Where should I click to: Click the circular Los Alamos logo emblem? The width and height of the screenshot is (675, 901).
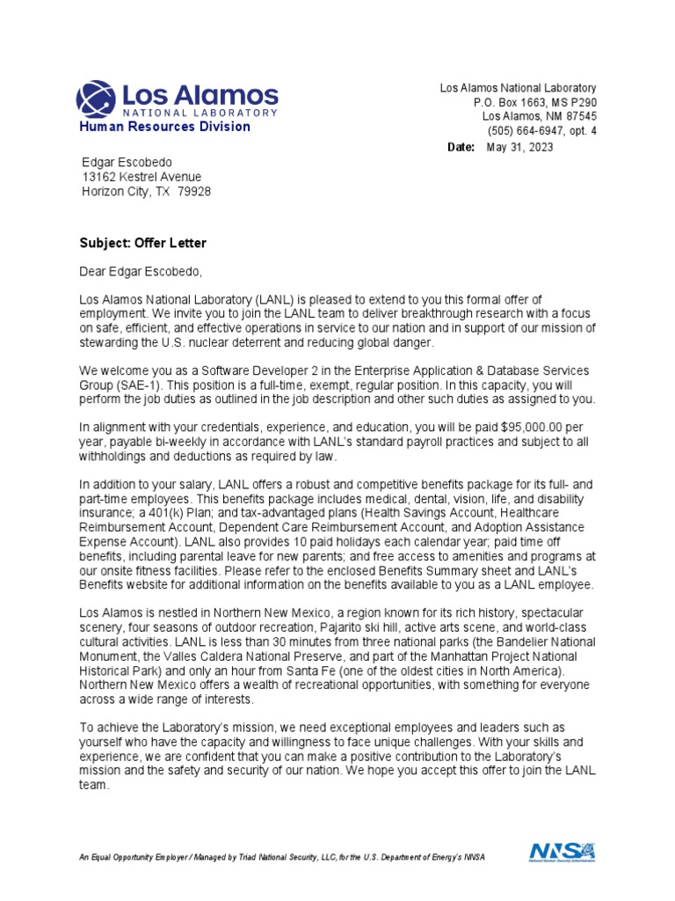click(x=96, y=99)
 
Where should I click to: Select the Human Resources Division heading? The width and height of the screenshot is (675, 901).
click(x=164, y=127)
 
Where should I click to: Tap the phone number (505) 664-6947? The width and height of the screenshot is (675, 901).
click(x=533, y=131)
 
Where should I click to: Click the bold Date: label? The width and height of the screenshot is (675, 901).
click(x=461, y=148)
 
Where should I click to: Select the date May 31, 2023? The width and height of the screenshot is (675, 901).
click(x=519, y=148)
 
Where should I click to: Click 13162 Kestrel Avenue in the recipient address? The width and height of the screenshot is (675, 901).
click(x=142, y=177)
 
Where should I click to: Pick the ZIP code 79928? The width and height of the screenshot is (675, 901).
click(x=194, y=192)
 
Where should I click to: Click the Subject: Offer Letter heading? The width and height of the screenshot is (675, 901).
click(x=143, y=243)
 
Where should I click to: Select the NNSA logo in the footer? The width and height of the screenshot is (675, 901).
click(x=562, y=852)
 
